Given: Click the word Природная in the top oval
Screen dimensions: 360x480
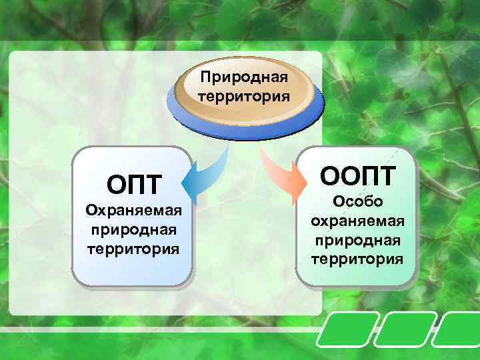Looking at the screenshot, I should (245, 78).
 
